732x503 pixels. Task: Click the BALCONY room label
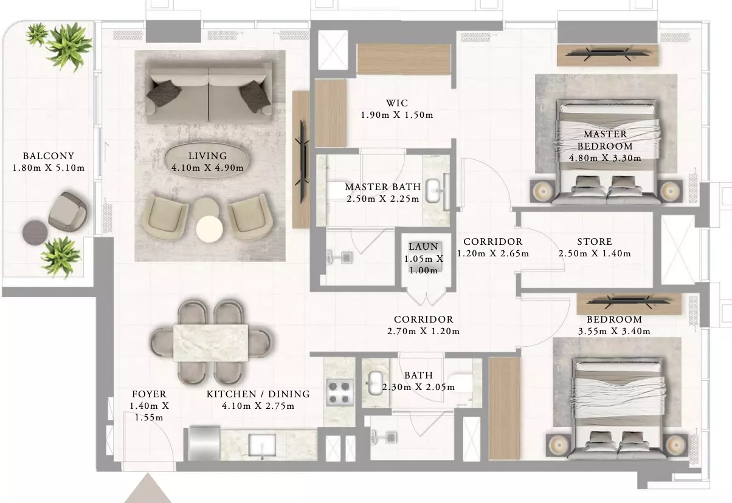[x=49, y=156]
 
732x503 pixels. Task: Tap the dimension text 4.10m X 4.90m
[x=207, y=168]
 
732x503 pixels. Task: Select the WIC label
[x=397, y=103]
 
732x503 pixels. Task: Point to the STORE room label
[x=595, y=241]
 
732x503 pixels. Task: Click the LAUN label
[x=424, y=246]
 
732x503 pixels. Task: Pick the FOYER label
[x=149, y=394]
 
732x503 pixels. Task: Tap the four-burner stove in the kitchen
[x=339, y=392]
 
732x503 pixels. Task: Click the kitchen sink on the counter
[x=262, y=445]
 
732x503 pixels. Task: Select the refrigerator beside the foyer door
[x=204, y=443]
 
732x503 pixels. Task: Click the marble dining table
[x=210, y=343]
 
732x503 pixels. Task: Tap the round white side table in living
[x=210, y=229]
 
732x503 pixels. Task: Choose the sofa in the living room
[x=209, y=93]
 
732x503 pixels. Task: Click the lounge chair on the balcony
[x=67, y=211]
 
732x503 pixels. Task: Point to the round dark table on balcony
[x=35, y=233]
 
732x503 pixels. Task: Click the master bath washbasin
[x=434, y=189]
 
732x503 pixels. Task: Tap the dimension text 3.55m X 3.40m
[x=614, y=331]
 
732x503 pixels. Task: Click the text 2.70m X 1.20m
[x=424, y=331]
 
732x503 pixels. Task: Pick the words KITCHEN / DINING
[x=258, y=394]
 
